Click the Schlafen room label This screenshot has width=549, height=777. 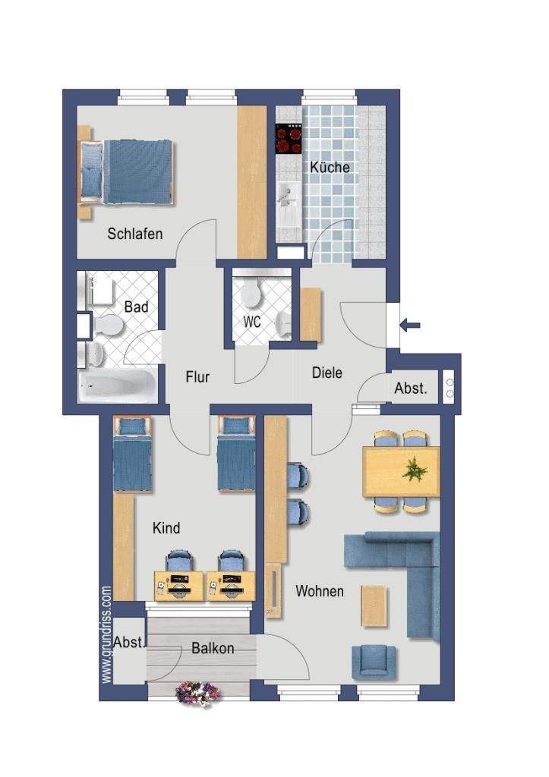(x=135, y=234)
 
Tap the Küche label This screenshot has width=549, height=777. (x=330, y=167)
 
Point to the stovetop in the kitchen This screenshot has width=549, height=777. (x=289, y=138)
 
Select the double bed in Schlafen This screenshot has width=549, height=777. (x=127, y=172)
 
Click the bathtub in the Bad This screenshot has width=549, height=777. (x=118, y=385)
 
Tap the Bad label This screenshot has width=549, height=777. (x=137, y=307)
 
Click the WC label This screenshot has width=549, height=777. (x=252, y=322)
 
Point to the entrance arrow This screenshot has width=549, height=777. (x=410, y=326)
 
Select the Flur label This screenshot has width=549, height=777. (x=197, y=377)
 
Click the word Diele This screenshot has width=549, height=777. (x=327, y=373)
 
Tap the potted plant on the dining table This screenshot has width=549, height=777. (x=415, y=469)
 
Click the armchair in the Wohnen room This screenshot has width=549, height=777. (x=374, y=662)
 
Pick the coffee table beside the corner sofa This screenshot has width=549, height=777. (x=374, y=606)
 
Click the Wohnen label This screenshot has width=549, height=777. (x=320, y=591)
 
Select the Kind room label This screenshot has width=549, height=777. (x=166, y=528)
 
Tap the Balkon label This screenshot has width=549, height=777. (x=213, y=648)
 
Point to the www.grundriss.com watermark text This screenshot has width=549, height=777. (x=106, y=635)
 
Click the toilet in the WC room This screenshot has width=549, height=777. (x=251, y=294)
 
